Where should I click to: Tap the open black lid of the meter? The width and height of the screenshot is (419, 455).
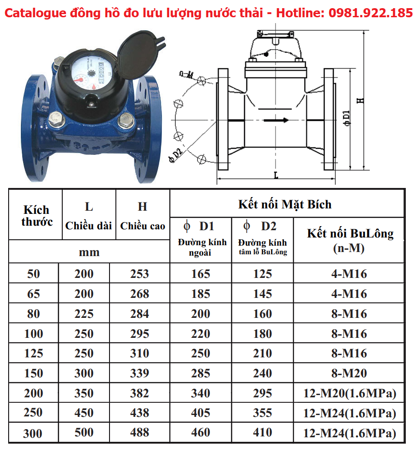tap(139, 50)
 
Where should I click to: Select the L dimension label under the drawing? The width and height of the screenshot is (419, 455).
tap(276, 174)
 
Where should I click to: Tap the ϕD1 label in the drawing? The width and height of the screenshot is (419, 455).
tap(347, 117)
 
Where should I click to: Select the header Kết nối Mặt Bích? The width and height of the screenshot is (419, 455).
tap(285, 204)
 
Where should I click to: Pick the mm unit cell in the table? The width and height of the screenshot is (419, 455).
tap(89, 252)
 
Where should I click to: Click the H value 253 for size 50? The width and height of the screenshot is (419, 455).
tap(140, 274)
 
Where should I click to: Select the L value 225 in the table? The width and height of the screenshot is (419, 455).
tap(84, 314)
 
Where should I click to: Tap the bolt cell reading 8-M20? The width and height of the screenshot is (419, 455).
tap(349, 373)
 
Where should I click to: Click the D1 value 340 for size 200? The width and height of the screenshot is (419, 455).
tap(200, 393)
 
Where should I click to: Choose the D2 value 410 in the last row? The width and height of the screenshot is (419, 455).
tap(263, 433)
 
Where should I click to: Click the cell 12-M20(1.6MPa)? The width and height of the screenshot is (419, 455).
tap(349, 393)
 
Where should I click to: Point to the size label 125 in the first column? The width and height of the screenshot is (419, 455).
tap(34, 353)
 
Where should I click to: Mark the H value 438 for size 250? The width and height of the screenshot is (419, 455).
tap(140, 413)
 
